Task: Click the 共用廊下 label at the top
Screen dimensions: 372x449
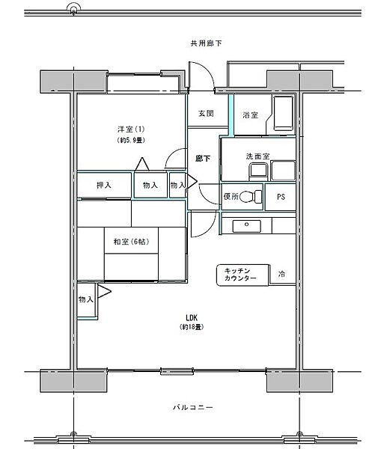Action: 206,43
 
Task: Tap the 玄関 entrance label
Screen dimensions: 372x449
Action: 206,114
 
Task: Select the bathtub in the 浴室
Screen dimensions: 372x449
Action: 284,113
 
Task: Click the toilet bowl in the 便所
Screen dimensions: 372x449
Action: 250,197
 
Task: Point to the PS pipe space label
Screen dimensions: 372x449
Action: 281,197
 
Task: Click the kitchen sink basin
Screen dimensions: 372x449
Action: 246,226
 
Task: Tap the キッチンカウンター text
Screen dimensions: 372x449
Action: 240,275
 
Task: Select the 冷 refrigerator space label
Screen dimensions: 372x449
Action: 281,274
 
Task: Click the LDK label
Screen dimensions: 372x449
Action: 192,317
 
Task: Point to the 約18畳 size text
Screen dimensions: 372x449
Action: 192,327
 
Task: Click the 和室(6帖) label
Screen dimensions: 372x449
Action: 132,242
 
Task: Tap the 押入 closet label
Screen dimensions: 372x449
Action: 104,185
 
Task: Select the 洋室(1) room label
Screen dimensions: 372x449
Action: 131,129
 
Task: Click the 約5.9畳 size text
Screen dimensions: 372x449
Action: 131,141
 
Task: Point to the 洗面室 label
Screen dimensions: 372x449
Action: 257,156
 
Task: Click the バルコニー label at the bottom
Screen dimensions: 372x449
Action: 192,407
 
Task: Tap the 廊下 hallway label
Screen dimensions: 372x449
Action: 203,159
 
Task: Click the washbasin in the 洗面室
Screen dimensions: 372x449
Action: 258,171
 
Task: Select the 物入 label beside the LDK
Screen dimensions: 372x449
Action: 86,299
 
